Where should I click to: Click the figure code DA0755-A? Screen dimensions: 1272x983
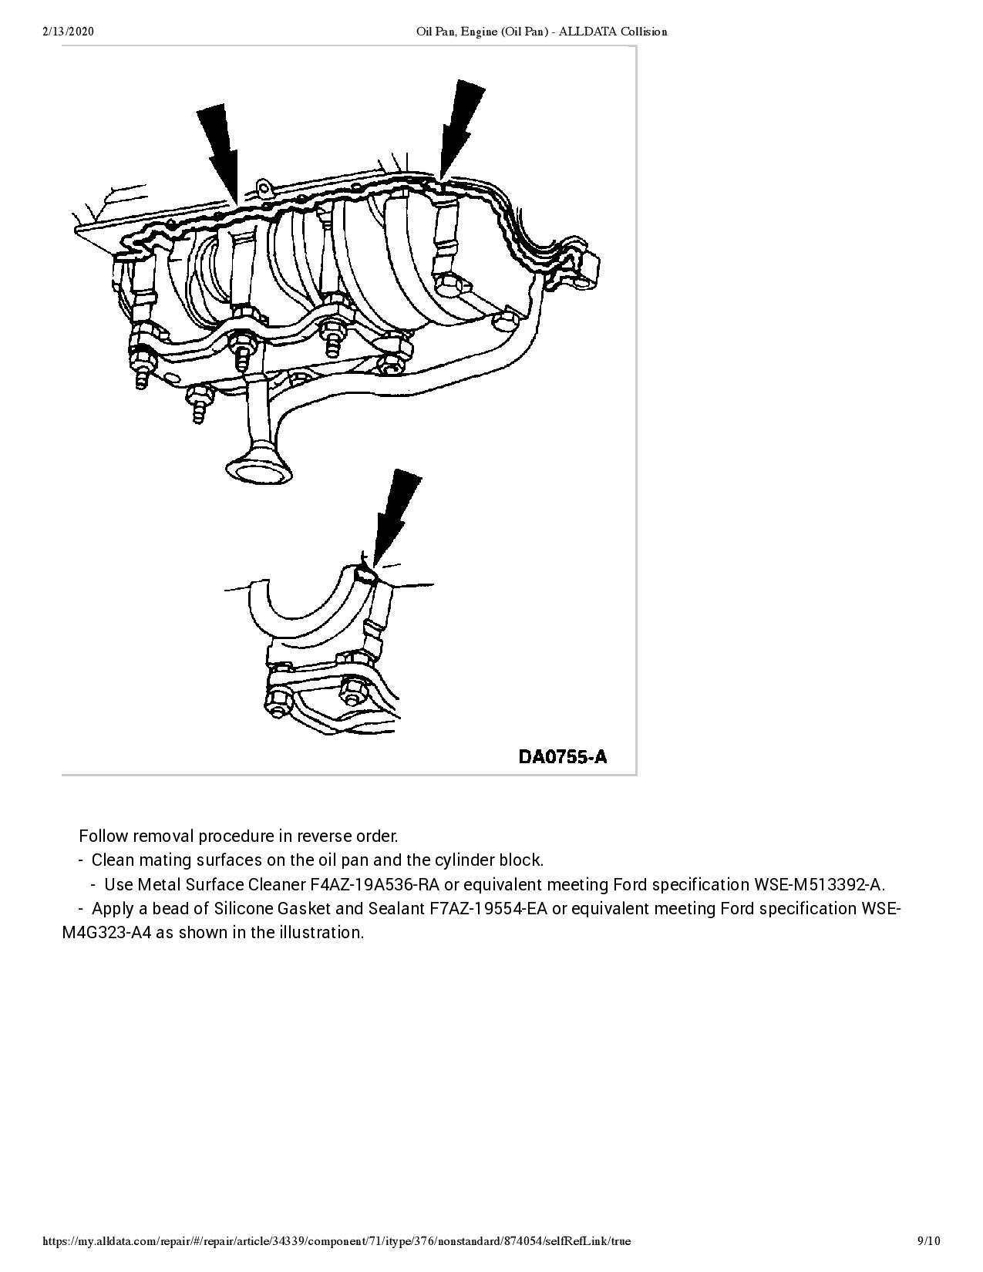pyautogui.click(x=562, y=756)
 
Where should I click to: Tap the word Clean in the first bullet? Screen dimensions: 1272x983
pyautogui.click(x=113, y=860)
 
